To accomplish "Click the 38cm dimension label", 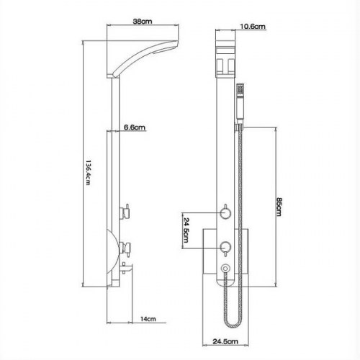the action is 143,21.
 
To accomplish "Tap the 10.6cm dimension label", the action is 253,26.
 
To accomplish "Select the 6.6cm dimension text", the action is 135,127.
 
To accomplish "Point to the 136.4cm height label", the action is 88,172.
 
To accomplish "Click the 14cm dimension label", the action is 148,319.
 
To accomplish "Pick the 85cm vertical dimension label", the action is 279,207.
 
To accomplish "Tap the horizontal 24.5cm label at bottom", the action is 225,341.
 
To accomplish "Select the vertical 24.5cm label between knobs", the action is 186,230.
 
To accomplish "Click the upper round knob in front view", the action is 225,213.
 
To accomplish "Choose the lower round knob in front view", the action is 225,247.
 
